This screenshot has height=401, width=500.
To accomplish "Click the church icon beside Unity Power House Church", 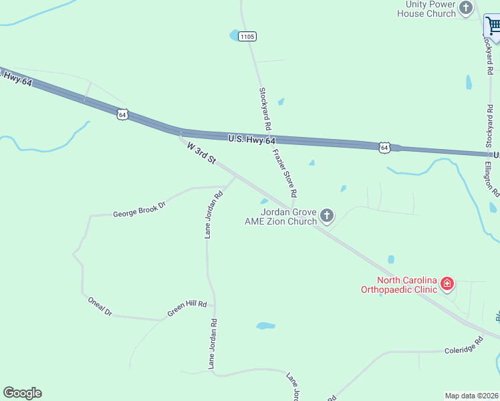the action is click(466, 9).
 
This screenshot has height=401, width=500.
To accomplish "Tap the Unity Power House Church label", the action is click(426, 9).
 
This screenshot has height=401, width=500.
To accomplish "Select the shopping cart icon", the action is click(493, 27).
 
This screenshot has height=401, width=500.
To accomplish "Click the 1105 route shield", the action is click(247, 36).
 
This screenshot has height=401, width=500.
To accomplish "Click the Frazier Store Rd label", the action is click(284, 172).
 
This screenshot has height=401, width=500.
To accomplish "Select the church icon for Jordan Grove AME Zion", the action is click(327, 215).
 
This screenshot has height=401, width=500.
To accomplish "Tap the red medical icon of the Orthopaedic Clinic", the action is click(447, 285).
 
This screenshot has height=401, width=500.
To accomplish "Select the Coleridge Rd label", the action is click(464, 346).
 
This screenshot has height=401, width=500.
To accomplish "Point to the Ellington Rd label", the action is click(493, 178).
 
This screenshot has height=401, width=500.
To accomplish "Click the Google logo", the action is click(22, 393).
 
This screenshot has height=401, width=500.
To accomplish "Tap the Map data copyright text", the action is click(472, 395).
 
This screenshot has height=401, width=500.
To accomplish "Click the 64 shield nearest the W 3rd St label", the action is click(122, 114).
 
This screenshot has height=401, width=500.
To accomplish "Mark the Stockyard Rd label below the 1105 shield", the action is click(265, 108).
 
